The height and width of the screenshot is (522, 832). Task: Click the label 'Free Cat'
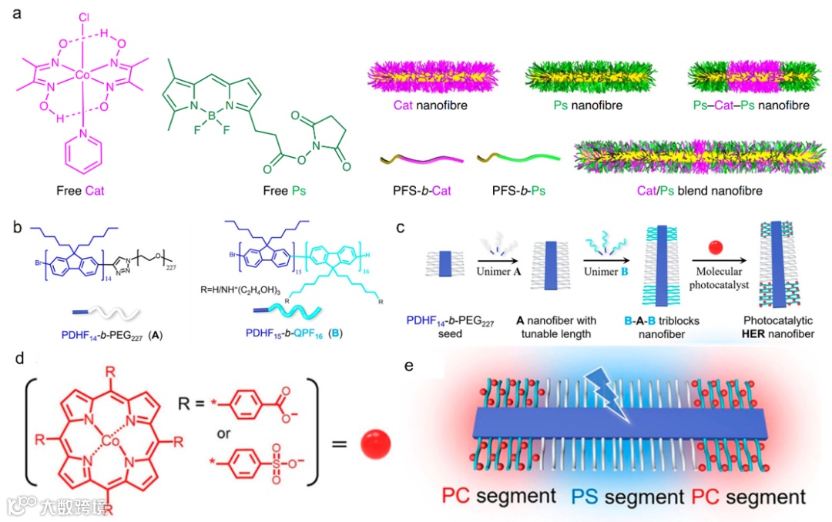point(86,189)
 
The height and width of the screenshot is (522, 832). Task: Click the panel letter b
point(16,229)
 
